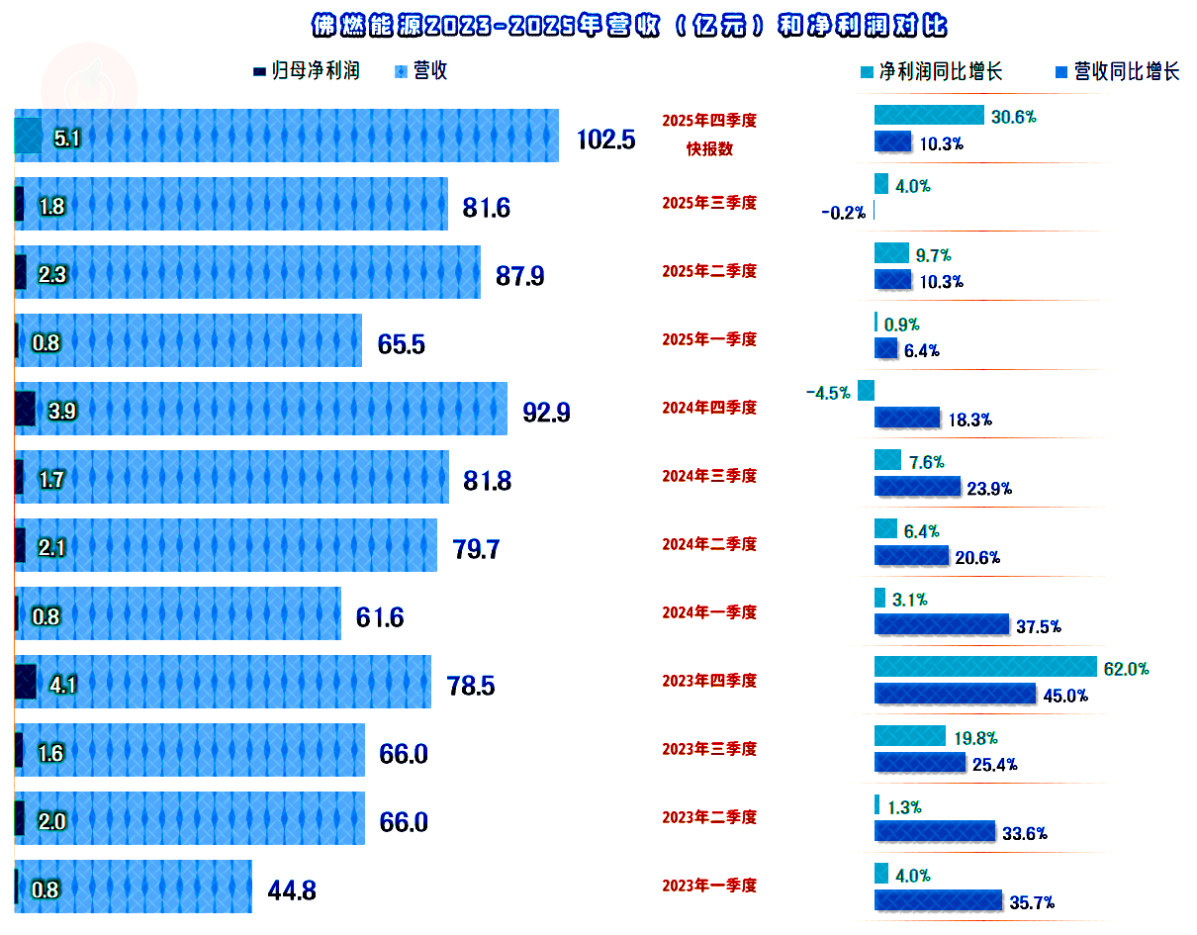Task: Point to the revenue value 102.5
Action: click(x=605, y=139)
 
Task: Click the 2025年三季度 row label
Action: click(x=709, y=203)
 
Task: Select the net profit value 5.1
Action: click(x=67, y=139)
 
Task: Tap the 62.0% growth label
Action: click(x=1126, y=669)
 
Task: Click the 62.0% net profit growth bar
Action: click(x=985, y=667)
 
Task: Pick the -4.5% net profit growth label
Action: click(x=828, y=393)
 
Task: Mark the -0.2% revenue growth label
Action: click(x=843, y=212)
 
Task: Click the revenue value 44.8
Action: click(x=292, y=890)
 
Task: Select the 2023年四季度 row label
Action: click(x=709, y=681)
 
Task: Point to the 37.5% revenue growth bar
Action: click(x=941, y=625)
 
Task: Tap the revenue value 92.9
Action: click(x=546, y=412)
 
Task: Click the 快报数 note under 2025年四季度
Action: click(x=709, y=149)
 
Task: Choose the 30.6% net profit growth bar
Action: click(x=929, y=116)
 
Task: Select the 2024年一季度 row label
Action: click(x=709, y=612)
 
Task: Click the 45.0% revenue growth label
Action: click(x=1065, y=696)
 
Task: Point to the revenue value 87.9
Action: click(x=519, y=275)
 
